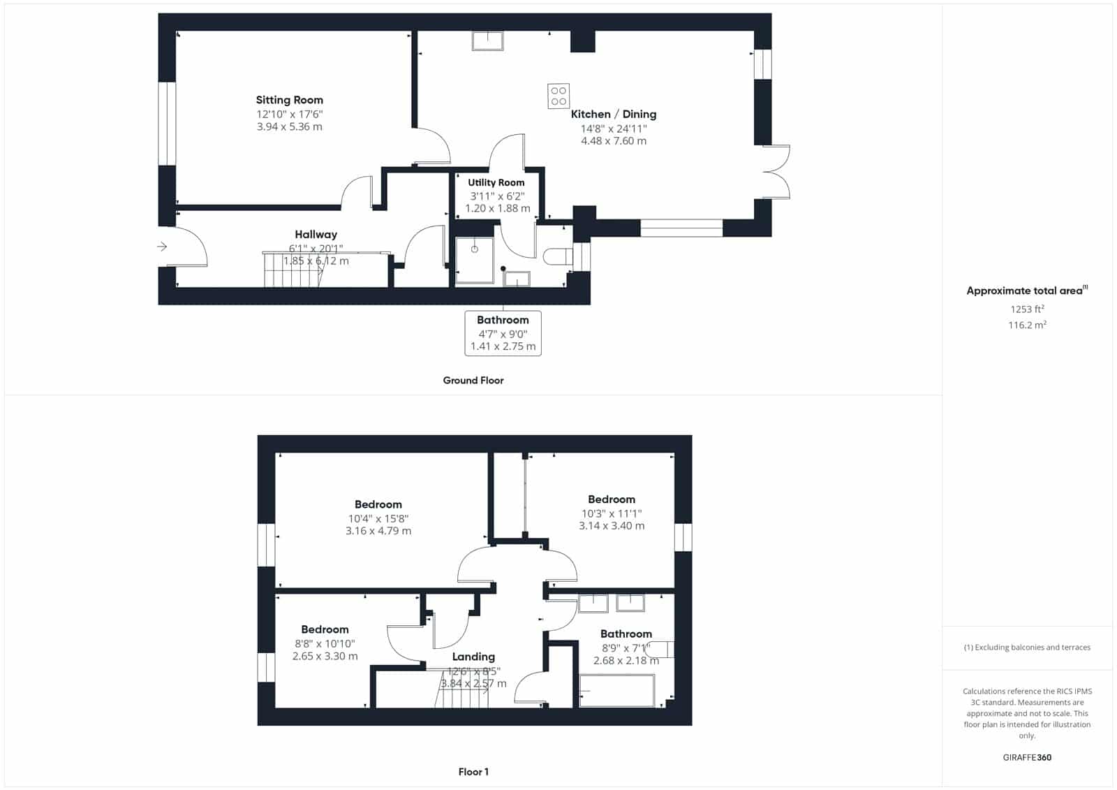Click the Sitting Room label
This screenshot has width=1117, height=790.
289,100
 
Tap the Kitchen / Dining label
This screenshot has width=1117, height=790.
614,115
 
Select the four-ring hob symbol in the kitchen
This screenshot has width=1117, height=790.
558,96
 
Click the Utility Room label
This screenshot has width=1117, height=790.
496,182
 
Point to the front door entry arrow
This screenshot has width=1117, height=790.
162,247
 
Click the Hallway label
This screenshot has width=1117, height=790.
316,235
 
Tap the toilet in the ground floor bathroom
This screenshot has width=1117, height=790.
558,256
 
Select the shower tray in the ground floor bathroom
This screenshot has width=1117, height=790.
474,261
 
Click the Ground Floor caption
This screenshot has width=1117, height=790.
473,380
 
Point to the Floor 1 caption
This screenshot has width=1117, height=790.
473,772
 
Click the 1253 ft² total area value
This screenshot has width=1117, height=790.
1027,309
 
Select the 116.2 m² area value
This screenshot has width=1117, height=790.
1027,325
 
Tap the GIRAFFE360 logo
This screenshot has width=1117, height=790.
1027,757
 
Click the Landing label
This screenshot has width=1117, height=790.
473,657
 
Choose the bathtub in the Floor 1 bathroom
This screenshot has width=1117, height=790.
617,691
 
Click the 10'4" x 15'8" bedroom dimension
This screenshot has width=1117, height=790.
378,518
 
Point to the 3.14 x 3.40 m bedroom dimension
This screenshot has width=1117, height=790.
612,525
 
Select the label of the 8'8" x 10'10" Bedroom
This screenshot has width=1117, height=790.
325,629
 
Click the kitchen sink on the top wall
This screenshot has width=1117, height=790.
488,41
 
